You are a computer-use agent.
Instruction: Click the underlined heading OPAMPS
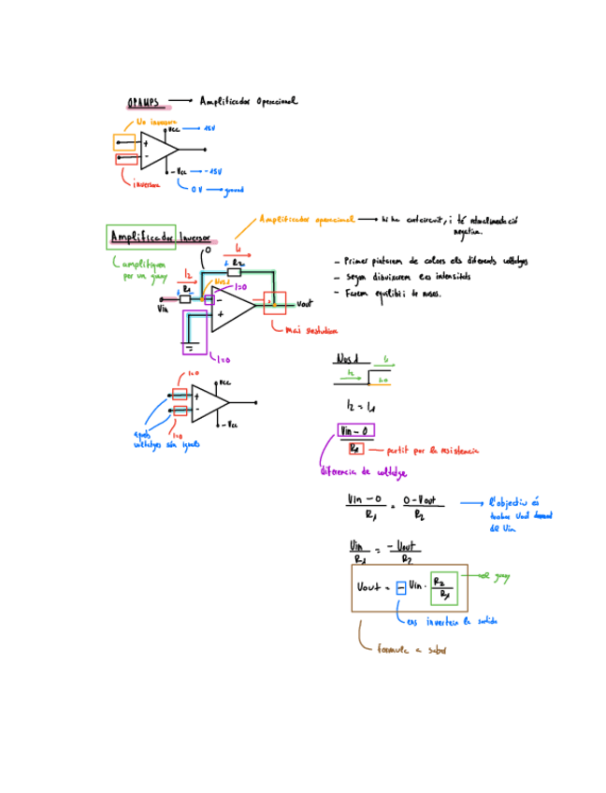pos(143,102)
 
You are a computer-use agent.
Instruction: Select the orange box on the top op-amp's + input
pos(123,142)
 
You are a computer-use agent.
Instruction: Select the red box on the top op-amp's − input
pos(125,159)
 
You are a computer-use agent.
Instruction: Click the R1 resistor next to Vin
pos(186,299)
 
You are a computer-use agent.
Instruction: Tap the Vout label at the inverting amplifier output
pos(303,304)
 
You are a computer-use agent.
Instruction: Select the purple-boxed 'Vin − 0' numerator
pos(355,431)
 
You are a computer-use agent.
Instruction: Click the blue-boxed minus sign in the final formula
pos(399,587)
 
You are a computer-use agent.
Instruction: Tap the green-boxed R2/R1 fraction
pos(444,587)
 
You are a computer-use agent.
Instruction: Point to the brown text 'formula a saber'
pos(411,650)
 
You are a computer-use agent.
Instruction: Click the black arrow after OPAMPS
pos(180,101)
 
